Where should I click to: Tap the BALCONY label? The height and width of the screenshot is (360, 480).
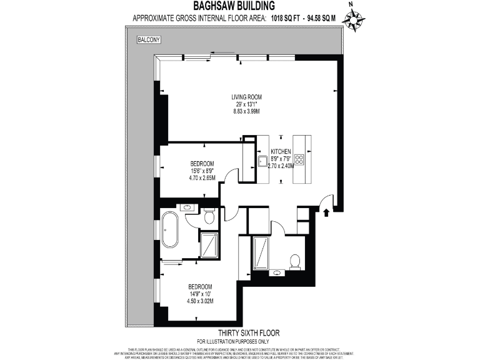click(x=149, y=40)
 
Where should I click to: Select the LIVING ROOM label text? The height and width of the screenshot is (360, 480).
click(x=246, y=97)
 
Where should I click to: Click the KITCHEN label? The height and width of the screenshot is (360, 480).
click(x=281, y=152)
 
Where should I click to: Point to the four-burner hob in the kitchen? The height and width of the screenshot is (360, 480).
click(x=299, y=159)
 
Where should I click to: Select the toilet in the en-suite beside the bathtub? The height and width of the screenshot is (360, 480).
click(x=210, y=216)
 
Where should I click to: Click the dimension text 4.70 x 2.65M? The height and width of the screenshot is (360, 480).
click(x=202, y=177)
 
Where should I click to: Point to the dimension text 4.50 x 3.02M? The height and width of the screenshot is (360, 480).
click(x=201, y=301)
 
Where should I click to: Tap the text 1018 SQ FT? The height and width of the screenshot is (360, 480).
click(x=286, y=19)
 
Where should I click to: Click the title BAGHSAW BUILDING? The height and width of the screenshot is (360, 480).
click(x=240, y=6)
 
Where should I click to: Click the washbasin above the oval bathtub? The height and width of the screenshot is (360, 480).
click(x=186, y=207)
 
